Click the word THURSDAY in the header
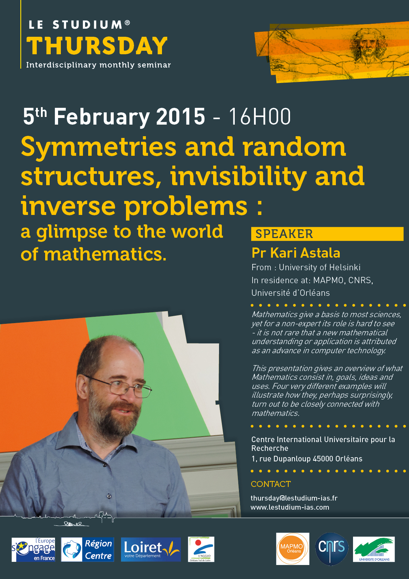coord(97,46)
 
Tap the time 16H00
coord(260,117)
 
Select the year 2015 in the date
coord(181,117)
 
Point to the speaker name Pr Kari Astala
coord(296,253)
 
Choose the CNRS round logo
coord(331,549)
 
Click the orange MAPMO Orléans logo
coord(292,549)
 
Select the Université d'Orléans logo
coord(374,549)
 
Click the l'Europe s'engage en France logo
coord(33,550)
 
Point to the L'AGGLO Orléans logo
coord(201,549)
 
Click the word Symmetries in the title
coord(98,148)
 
